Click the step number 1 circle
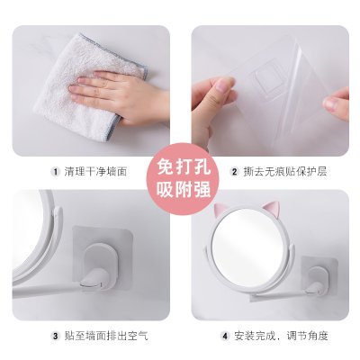55,172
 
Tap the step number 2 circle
235,172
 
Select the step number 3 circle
55,336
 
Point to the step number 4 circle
225,336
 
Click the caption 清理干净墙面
95,172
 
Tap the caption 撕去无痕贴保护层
285,172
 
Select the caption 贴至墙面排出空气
106,336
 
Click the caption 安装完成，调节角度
281,336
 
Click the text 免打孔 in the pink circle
184,166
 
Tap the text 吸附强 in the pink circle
184,189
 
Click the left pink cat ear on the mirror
220,210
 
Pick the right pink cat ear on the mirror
271,208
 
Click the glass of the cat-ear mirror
247,245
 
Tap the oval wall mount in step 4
318,277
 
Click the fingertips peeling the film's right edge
336,103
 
